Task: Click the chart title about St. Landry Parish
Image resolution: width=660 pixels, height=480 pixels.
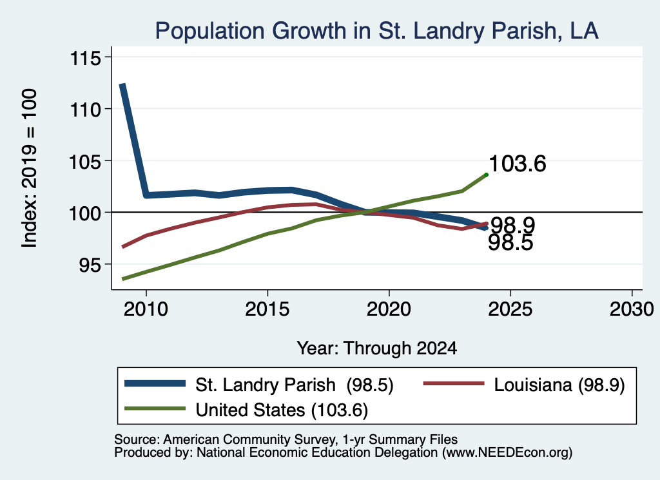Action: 376,31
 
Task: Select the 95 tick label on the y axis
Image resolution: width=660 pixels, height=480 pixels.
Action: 90,265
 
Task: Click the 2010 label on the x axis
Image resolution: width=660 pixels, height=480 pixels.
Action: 146,309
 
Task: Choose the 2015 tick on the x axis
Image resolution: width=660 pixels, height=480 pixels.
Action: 267,309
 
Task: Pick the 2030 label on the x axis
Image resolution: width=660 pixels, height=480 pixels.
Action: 632,309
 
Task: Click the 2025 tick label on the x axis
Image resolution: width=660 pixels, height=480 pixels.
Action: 510,309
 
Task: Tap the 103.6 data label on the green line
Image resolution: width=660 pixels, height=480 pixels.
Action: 518,163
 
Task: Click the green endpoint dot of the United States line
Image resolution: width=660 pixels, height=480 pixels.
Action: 487,175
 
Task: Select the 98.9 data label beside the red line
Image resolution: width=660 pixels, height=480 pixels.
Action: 512,226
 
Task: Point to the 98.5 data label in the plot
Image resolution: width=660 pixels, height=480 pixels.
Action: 510,243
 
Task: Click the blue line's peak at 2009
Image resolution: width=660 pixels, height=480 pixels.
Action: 122,84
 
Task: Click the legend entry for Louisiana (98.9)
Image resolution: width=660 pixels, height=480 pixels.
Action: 524,385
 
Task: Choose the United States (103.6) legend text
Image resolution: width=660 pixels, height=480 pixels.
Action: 282,410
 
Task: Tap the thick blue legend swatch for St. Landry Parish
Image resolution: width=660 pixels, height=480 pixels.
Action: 155,383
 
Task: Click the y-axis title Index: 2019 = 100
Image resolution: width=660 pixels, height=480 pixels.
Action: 30,168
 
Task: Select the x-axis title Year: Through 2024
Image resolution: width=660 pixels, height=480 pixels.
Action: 376,349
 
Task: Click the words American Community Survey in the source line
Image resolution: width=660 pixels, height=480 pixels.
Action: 249,439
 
